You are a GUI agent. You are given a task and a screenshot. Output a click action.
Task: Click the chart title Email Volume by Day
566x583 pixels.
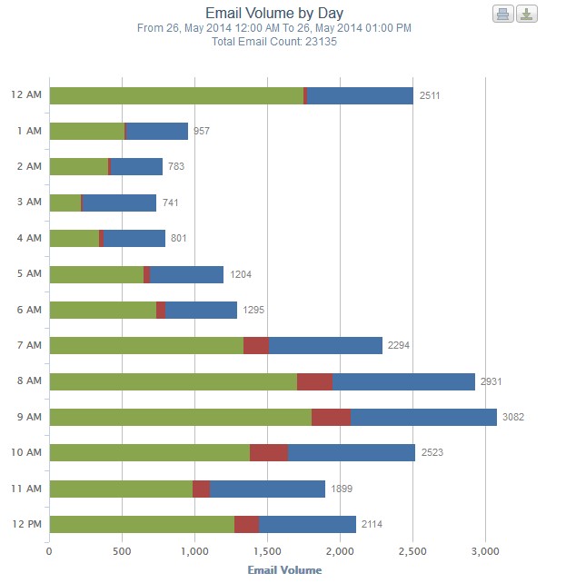pyautogui.click(x=273, y=14)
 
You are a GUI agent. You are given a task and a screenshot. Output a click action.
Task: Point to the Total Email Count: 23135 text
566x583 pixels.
pyautogui.click(x=273, y=42)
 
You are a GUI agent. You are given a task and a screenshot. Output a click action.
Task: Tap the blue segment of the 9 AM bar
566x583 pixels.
pyautogui.click(x=423, y=417)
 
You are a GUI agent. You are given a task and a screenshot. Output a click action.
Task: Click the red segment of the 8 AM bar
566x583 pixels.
pyautogui.click(x=314, y=381)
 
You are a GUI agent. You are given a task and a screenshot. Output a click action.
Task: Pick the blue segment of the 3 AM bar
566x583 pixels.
pyautogui.click(x=119, y=203)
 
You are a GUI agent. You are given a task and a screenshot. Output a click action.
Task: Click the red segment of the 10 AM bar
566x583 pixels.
pyautogui.click(x=269, y=452)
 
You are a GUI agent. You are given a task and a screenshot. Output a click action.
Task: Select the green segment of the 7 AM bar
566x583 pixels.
pyautogui.click(x=146, y=345)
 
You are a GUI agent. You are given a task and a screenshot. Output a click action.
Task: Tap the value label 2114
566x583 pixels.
pyautogui.click(x=372, y=524)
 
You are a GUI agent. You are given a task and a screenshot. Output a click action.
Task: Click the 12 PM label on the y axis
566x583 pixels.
pyautogui.click(x=26, y=524)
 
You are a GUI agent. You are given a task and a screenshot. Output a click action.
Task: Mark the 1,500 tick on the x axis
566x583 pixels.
pyautogui.click(x=267, y=550)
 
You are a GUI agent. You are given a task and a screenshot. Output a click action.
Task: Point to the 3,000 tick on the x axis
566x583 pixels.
pyautogui.click(x=485, y=550)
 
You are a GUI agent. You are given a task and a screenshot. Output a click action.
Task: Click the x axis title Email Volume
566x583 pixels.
pyautogui.click(x=284, y=570)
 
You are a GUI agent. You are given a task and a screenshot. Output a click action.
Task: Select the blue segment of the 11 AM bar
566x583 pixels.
pyautogui.click(x=267, y=489)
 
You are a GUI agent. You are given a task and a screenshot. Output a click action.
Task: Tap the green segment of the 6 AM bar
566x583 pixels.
pyautogui.click(x=103, y=310)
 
